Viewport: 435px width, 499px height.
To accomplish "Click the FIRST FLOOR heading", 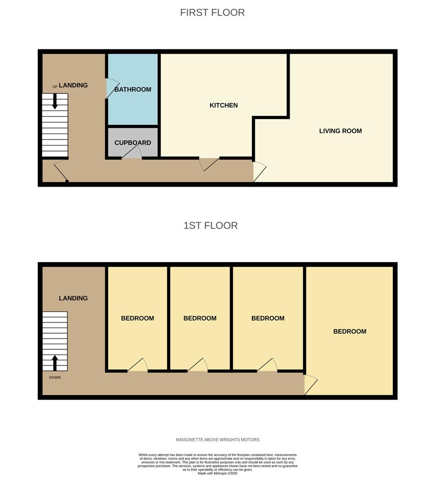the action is pos(212,12).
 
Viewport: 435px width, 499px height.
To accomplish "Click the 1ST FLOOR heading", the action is pos(211,225).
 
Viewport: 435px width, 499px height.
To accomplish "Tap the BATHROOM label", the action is pos(133,90).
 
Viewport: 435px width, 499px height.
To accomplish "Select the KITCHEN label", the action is pos(224,105).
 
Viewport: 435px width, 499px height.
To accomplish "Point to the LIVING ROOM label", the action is pos(340,131).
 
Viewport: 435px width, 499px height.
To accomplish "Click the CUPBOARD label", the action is pos(133,143).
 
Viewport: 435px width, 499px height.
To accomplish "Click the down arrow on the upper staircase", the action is pos(55,102).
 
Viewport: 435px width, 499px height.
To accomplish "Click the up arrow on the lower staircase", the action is pos(55,363).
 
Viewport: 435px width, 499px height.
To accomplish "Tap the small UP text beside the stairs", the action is pos(55,87).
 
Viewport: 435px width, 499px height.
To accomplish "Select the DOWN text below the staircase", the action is pos(55,377).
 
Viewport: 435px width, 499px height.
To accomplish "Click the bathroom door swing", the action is pos(112,88).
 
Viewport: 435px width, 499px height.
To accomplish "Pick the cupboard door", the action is pos(131,152).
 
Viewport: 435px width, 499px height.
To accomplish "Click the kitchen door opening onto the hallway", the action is pos(209,164).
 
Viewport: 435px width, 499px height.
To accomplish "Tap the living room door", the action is pos(260,172).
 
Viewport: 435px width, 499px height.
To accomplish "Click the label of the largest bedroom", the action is pos(350,331).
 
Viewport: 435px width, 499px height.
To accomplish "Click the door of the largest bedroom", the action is pos(311,385).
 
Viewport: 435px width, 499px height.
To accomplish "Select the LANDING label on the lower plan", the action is pos(73,298).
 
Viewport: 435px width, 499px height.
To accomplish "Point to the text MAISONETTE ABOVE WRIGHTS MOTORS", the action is pos(218,440).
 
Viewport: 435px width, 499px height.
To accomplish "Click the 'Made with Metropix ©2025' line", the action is pos(218,473).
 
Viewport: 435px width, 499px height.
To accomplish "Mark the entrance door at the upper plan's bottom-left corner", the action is pos(61,171).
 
